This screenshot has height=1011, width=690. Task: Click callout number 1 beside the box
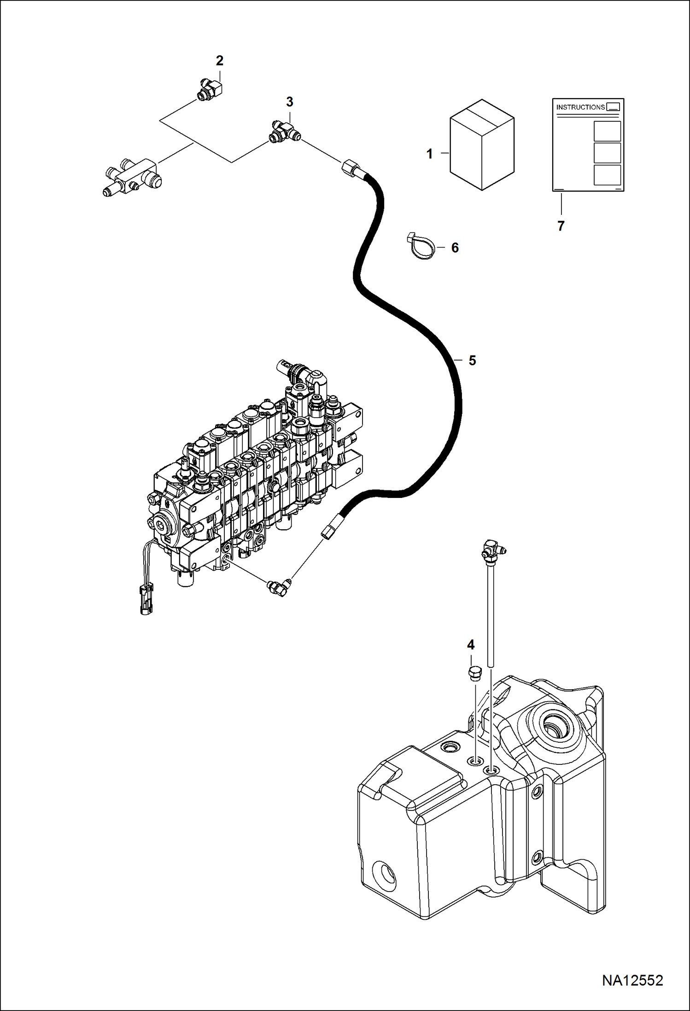click(x=430, y=154)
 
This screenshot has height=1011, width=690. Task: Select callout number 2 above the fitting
click(x=220, y=60)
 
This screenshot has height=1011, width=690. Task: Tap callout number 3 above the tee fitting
click(x=289, y=102)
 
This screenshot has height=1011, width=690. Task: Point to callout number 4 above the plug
click(x=471, y=644)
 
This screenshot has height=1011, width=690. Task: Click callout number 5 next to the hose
click(x=472, y=361)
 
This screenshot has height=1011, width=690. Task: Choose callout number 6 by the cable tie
click(x=455, y=248)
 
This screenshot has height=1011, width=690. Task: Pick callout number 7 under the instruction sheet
click(x=561, y=226)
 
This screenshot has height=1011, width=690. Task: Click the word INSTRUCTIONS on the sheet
click(x=580, y=107)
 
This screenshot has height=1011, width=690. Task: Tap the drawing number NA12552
click(x=632, y=980)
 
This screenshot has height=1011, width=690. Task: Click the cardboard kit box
click(x=482, y=144)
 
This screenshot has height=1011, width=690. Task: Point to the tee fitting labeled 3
click(x=285, y=132)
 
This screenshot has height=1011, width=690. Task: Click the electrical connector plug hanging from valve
click(x=146, y=599)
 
